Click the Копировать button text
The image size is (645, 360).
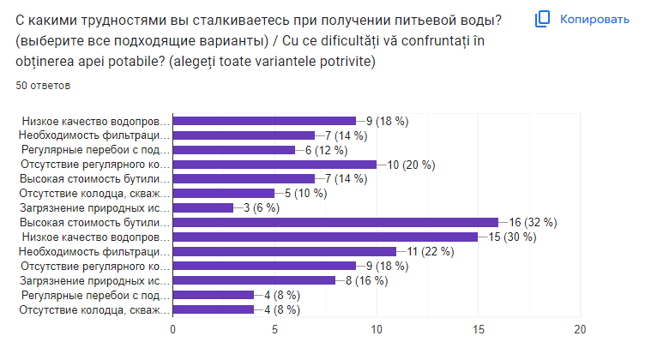coord(594,18)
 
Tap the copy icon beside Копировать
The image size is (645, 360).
coord(543,18)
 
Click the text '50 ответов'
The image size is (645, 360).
coord(43,86)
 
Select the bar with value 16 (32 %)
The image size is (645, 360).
coord(335,222)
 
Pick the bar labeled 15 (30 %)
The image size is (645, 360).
coord(325,237)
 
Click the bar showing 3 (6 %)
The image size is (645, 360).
coord(203,207)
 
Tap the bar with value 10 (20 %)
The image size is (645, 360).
coord(274,164)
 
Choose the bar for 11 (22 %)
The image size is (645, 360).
coord(285,251)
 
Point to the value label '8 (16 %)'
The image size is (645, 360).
coord(369,280)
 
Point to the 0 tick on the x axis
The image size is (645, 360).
coord(173,330)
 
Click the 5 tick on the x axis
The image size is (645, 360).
coord(275,330)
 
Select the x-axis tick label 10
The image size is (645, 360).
coord(377,330)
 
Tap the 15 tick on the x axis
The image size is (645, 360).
coord(479,330)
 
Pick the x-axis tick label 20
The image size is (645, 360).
coord(581,330)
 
